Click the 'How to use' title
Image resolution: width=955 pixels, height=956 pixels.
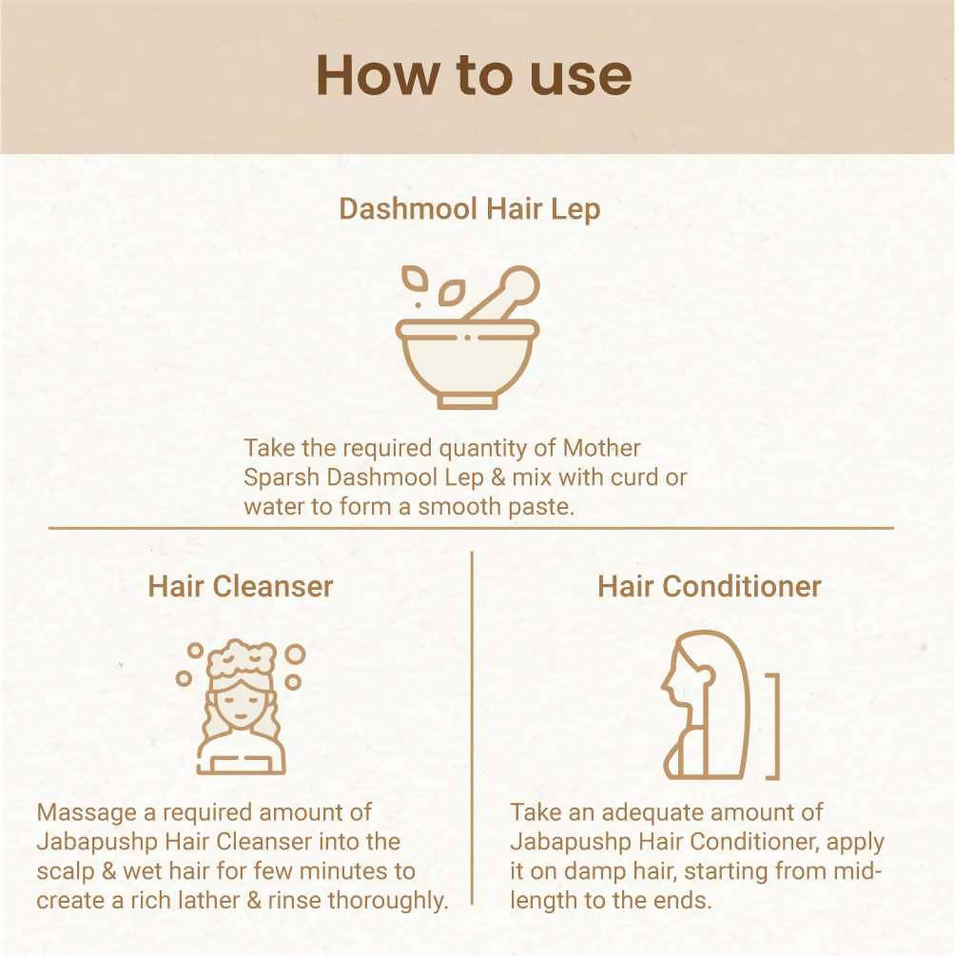pos(473,75)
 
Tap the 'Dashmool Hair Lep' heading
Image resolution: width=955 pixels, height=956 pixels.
pos(469,209)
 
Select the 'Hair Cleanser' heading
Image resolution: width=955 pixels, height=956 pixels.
pos(240,586)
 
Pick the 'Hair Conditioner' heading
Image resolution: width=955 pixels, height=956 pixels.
pos(709,586)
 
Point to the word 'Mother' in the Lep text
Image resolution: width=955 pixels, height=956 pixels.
pos(602,447)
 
